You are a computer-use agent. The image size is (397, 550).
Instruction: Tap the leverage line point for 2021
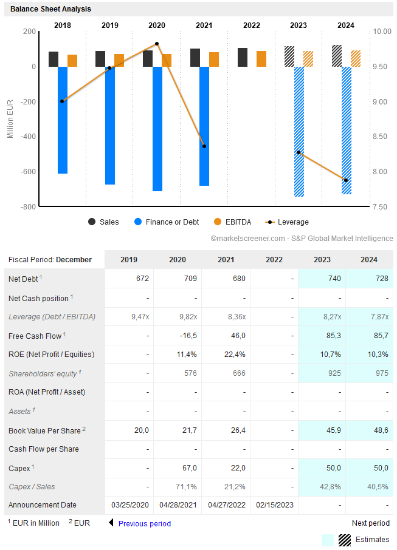(204, 146)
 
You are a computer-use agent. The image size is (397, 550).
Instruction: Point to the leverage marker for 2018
(62, 101)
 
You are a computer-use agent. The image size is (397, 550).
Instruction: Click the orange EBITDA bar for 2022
(261, 59)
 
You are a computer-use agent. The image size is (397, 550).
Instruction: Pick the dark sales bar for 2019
(100, 59)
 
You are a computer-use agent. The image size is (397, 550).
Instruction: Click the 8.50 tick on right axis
(381, 137)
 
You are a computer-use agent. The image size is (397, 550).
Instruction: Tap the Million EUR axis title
(10, 118)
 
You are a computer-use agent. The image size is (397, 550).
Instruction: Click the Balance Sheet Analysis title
(50, 9)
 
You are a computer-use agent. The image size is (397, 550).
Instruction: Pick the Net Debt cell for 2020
(178, 279)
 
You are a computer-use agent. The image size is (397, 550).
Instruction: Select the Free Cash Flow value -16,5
(178, 336)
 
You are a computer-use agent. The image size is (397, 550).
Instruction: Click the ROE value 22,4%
(226, 355)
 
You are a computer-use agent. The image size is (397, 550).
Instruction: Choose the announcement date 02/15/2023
(274, 505)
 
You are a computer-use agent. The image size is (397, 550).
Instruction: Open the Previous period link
(144, 523)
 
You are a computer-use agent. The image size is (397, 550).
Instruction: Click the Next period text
(371, 523)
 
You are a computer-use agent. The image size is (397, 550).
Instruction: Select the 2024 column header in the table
(369, 260)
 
